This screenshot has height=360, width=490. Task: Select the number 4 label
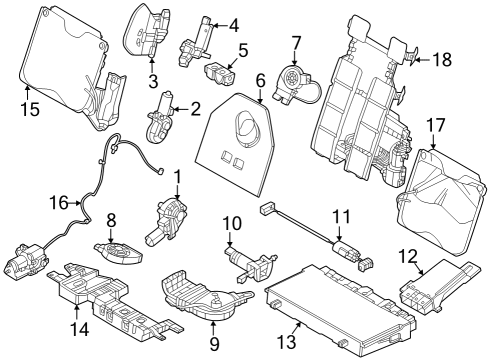click(234, 24)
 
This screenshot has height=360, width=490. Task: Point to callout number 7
click(296, 43)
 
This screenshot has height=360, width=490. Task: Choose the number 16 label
click(59, 203)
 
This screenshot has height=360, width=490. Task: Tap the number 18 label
click(441, 61)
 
